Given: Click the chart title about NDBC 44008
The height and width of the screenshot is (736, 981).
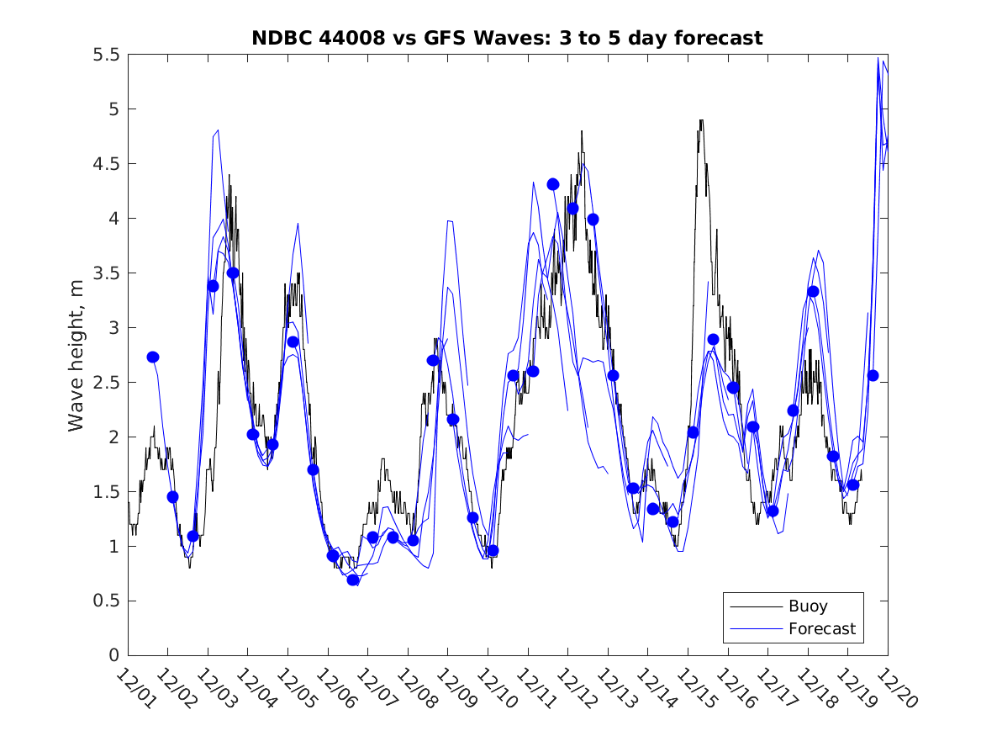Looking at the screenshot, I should click(x=507, y=38).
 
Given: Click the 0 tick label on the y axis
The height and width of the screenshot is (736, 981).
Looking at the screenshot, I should click(x=113, y=655).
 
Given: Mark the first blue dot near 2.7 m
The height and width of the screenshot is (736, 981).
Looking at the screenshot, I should click(x=153, y=357).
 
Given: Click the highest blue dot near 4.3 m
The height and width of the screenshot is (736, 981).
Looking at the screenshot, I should click(x=553, y=184).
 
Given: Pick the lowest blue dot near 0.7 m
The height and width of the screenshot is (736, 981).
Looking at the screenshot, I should click(x=353, y=580).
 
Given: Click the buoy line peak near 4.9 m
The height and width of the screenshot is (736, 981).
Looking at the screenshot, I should click(x=701, y=121).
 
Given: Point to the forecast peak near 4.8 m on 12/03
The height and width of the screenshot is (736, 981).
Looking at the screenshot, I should click(x=218, y=130).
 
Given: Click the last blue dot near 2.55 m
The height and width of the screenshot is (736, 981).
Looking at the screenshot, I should click(x=873, y=375).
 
